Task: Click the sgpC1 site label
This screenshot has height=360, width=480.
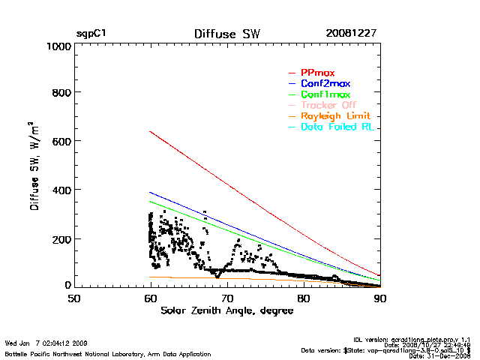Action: coord(91,34)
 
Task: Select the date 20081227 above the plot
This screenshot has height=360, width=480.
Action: coord(351,34)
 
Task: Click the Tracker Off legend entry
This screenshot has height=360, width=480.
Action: coord(329,106)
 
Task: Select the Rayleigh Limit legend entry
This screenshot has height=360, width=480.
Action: coord(337,117)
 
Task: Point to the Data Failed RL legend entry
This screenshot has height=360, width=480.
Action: coord(338,127)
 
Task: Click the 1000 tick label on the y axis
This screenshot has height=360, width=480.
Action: coord(57,46)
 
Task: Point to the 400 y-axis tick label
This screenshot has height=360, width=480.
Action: coord(60,190)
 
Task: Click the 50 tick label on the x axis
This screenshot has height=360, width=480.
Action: coord(74,299)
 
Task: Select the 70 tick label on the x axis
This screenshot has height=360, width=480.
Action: coord(226,299)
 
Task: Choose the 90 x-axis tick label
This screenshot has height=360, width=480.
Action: coord(379,299)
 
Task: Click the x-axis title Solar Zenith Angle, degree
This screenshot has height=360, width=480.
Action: coord(226,311)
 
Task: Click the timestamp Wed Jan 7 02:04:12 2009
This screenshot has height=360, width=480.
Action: coord(46,343)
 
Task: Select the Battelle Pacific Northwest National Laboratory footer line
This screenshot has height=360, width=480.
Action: coord(108,353)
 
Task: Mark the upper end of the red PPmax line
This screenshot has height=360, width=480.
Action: coord(151,131)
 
